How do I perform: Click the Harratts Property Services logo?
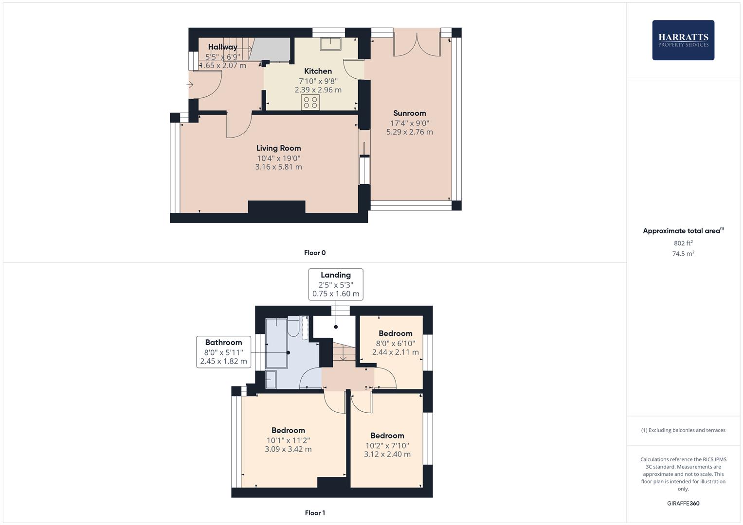[x=683, y=40]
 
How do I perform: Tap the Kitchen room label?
[x=318, y=71]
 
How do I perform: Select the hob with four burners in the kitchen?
[x=310, y=103]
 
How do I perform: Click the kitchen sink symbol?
[x=331, y=44]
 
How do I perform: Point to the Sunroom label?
[x=409, y=113]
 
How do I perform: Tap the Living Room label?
[x=278, y=148]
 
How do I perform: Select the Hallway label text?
[x=222, y=47]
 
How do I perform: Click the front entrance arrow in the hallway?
[x=190, y=85]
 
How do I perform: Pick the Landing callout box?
[x=336, y=284]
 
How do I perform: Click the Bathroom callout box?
[x=223, y=352]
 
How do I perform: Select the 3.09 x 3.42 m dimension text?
[x=288, y=449]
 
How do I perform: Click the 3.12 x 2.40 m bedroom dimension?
[x=387, y=454]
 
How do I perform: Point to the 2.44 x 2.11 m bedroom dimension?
[x=395, y=352]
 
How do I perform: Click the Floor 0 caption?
[x=315, y=253]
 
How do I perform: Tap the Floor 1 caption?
[x=315, y=513]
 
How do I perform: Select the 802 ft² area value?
[x=683, y=243]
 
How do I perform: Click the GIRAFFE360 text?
[x=683, y=504]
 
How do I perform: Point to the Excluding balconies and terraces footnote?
[x=683, y=430]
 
